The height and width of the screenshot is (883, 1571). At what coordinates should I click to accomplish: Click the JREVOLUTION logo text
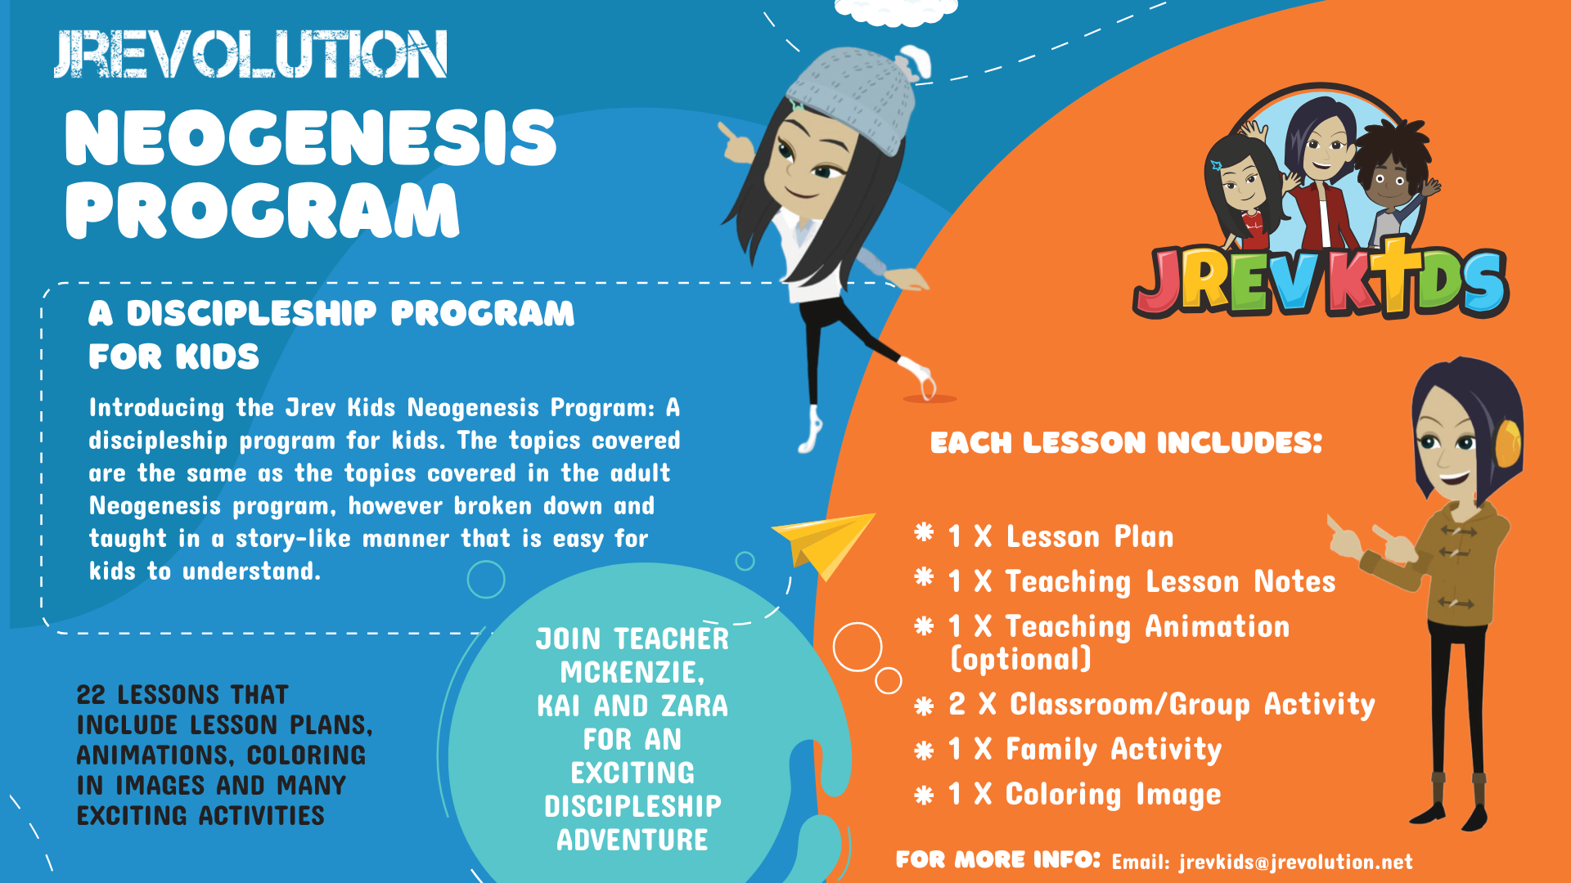coord(250,54)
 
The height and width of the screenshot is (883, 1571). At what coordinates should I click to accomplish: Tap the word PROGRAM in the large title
coord(262,210)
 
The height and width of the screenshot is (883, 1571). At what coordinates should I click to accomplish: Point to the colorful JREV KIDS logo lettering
coord(1319,282)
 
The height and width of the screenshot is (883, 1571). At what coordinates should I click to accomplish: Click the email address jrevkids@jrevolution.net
coord(1295,862)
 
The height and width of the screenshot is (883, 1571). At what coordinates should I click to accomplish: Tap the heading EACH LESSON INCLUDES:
coord(1126,443)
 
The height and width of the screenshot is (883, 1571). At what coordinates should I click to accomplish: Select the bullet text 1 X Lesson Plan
coord(1060,536)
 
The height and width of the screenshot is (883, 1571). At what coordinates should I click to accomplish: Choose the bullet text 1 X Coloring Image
coord(1084,794)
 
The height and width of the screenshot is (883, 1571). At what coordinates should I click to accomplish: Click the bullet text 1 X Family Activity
coord(1084,749)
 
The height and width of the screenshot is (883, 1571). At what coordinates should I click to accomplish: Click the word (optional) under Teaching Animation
coord(1021,659)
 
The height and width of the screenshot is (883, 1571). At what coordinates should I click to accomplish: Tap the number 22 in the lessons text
coord(91,695)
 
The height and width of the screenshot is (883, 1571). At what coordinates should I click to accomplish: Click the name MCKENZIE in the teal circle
coord(631,672)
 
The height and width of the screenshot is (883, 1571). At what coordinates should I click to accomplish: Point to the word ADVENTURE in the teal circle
coord(632,840)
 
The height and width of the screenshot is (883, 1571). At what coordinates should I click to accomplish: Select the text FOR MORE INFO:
coord(997,860)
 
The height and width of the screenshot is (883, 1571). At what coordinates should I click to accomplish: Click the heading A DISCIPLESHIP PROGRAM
coord(331,313)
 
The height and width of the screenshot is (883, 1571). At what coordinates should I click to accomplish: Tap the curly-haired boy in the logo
coord(1390,176)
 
